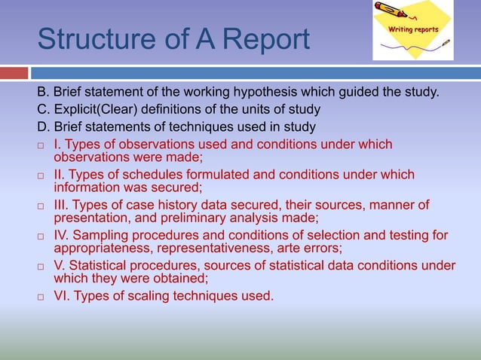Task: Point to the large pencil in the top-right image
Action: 393,11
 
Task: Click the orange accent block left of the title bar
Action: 14,73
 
